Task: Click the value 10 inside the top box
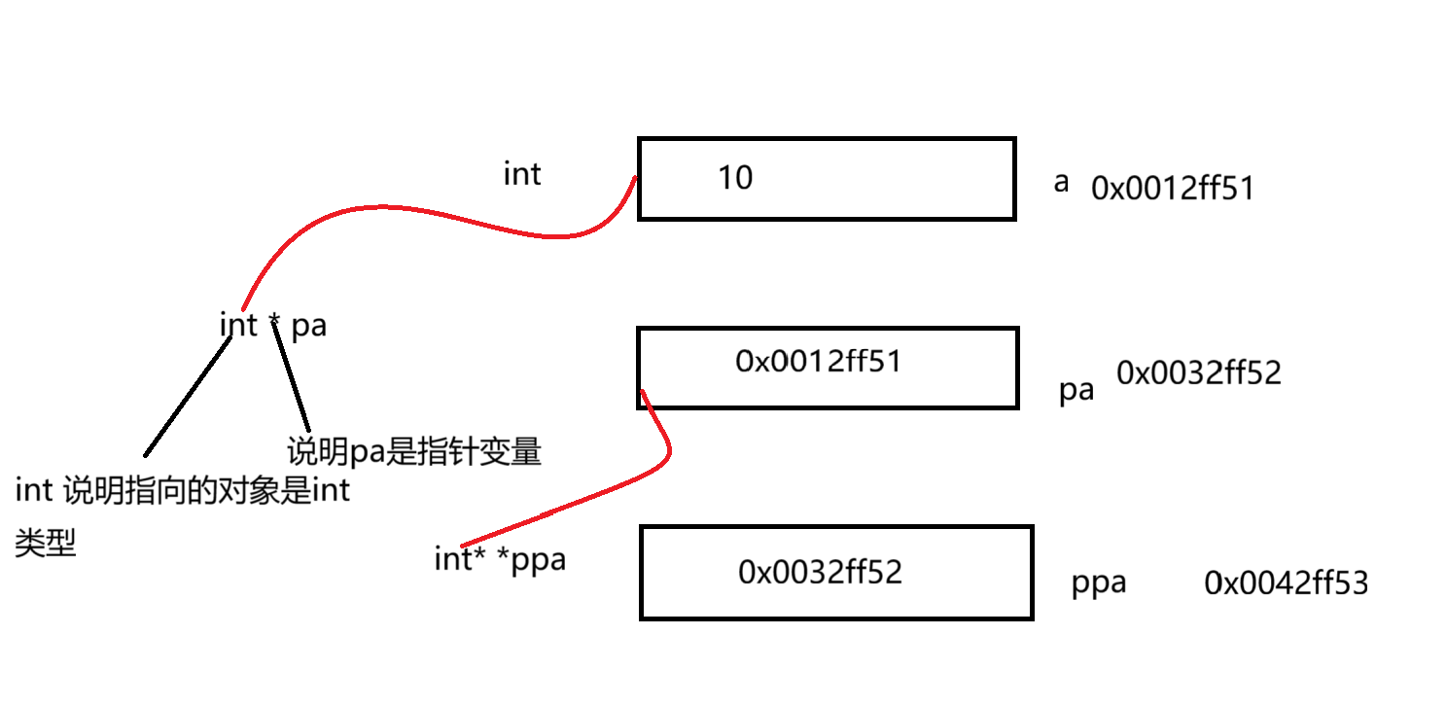tap(735, 178)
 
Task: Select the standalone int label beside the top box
tap(522, 174)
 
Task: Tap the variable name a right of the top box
tap(1061, 182)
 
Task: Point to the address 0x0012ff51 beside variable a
tap(1173, 188)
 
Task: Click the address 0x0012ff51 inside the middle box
tap(819, 362)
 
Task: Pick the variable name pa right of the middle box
tap(1076, 391)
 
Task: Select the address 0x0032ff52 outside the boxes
tap(1198, 372)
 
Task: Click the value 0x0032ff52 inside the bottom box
tap(821, 572)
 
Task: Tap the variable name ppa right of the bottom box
tap(1099, 582)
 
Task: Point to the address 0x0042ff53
tap(1286, 582)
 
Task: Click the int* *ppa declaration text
tap(500, 560)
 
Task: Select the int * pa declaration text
tap(273, 325)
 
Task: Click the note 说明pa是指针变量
tap(413, 452)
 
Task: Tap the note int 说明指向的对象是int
tap(182, 491)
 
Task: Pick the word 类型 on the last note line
tap(45, 545)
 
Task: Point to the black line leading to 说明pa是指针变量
tap(292, 379)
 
